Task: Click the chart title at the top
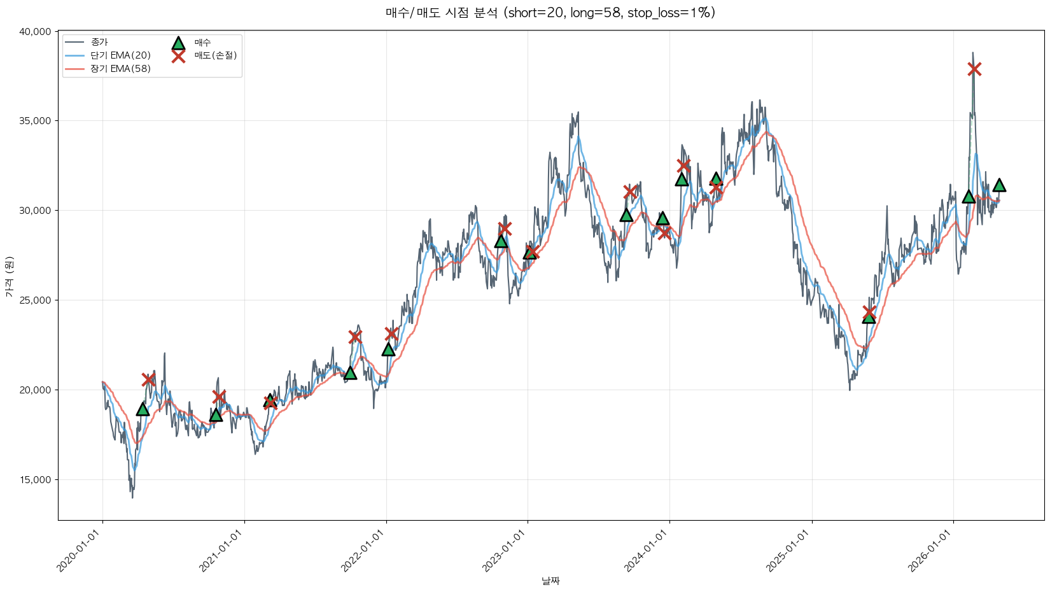(550, 13)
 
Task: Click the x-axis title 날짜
(550, 581)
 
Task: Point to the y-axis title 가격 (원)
(9, 276)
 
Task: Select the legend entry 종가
(99, 42)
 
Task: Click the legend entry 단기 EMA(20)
(120, 55)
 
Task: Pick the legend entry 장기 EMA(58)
(120, 69)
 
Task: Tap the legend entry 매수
(202, 43)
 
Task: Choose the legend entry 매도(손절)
(215, 55)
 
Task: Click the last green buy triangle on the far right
(999, 185)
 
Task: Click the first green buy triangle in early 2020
(143, 409)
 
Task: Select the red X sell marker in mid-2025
(869, 312)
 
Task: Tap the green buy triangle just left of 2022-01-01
(350, 372)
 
